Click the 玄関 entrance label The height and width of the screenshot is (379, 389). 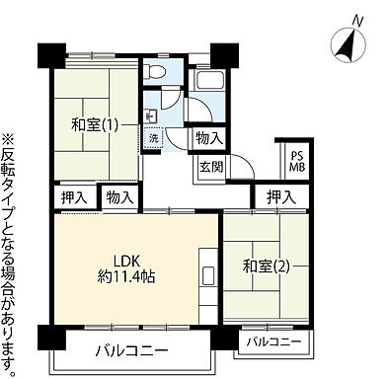(209, 166)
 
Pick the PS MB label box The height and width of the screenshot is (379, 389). (295, 160)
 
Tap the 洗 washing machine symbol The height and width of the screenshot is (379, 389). (154, 139)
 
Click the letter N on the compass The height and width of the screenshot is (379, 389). (357, 20)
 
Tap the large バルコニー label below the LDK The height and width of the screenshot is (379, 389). (130, 350)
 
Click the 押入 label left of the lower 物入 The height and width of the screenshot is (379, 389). (73, 198)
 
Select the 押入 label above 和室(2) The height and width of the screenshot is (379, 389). (280, 197)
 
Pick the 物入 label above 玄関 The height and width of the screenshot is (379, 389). (209, 139)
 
